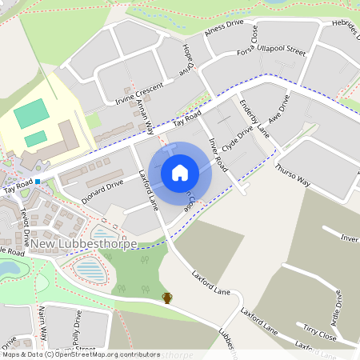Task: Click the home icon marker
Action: click(179, 172)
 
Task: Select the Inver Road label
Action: click(218, 154)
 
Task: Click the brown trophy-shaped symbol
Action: click(167, 298)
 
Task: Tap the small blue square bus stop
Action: click(38, 182)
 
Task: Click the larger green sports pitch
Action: click(31, 113)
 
